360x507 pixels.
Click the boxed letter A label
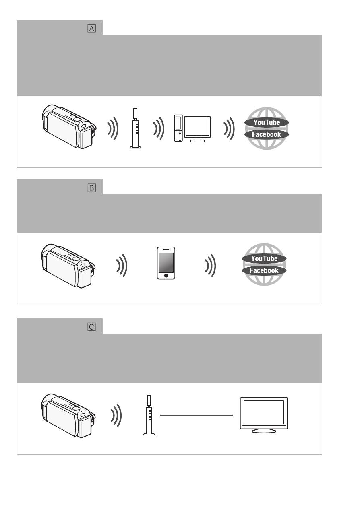point(91,28)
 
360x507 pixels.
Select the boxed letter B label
point(91,188)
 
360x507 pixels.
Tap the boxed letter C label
point(91,327)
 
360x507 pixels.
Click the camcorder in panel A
point(69,126)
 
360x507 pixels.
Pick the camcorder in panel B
point(68,266)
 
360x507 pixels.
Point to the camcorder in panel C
point(68,416)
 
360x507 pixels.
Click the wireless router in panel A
point(135,128)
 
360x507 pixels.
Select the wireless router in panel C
point(149,415)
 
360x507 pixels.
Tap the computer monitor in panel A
point(198,129)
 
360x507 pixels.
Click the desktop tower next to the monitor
point(178,128)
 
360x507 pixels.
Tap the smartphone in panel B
point(166,263)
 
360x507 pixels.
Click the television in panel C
point(264,415)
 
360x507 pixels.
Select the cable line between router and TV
point(197,415)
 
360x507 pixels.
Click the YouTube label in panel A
point(267,122)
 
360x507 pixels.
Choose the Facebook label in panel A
point(267,134)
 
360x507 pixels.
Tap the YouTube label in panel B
point(264,258)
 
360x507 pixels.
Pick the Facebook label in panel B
point(264,270)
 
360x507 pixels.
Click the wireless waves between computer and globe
point(229,128)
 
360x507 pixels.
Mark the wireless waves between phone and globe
point(210,266)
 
